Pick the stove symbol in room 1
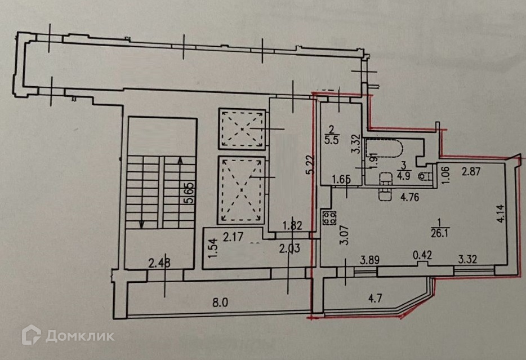[328, 217]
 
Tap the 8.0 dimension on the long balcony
[220, 302]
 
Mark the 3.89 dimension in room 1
[369, 260]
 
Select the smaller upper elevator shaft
[240, 129]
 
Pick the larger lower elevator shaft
[240, 189]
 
